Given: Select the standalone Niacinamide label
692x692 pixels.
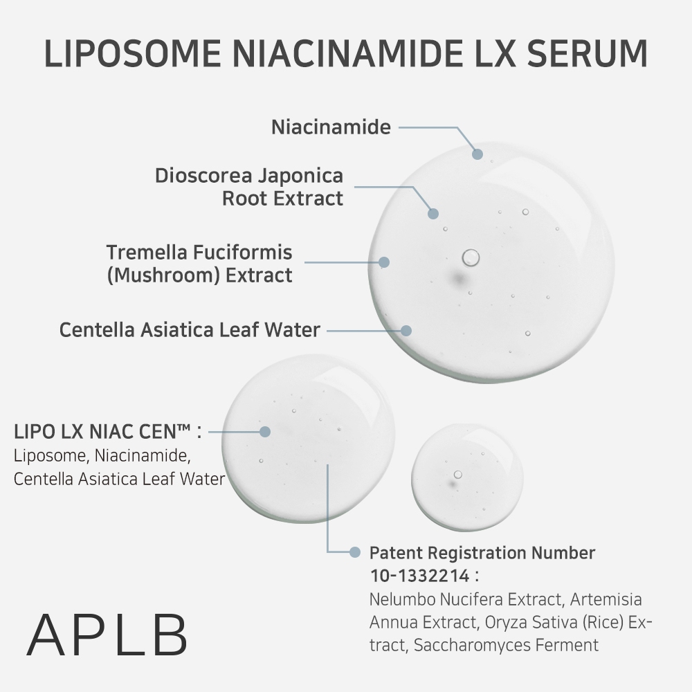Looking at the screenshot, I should tap(331, 127).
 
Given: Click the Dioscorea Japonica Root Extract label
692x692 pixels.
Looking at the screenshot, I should tap(249, 187).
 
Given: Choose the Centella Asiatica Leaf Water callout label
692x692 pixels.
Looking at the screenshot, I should tap(190, 329).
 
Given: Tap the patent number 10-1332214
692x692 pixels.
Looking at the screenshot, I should tap(419, 575).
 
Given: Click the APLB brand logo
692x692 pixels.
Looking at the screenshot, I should tap(107, 634).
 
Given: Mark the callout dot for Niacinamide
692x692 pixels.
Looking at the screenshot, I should tap(477, 154).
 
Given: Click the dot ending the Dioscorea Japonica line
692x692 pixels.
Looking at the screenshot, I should tap(433, 214).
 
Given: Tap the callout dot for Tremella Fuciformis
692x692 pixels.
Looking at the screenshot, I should tap(384, 262).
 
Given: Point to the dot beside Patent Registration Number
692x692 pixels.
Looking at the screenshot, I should tap(355, 552).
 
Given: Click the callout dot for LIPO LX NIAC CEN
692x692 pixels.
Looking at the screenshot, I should tap(264, 431).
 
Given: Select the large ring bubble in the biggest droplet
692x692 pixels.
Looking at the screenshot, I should tap(471, 257).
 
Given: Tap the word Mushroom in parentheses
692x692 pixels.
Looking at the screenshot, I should tap(165, 275).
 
